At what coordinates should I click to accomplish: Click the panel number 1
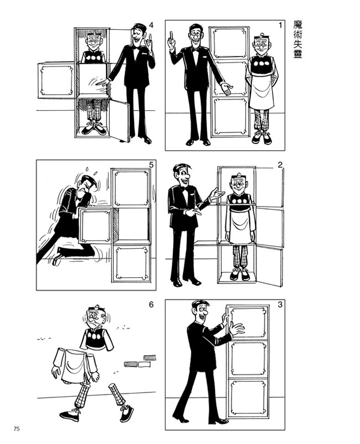[x=280, y=25]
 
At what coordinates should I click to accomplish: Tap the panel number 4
[x=151, y=25]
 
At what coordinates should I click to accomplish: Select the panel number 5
[x=151, y=164]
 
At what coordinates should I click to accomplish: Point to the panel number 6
[x=151, y=304]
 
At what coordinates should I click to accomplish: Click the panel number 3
[x=280, y=304]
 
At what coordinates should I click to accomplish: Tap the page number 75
[x=17, y=428]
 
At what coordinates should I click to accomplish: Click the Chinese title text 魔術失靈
[x=297, y=39]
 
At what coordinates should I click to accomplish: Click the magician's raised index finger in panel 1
[x=171, y=36]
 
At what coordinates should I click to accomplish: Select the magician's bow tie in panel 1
[x=195, y=49]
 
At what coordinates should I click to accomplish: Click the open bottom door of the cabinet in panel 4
[x=120, y=120]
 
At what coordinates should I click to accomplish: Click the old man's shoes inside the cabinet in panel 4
[x=94, y=130]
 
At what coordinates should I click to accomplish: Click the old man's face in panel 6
[x=94, y=318]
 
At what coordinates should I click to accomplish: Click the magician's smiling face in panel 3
[x=203, y=313]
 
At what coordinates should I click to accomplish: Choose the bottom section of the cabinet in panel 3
[x=249, y=397]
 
